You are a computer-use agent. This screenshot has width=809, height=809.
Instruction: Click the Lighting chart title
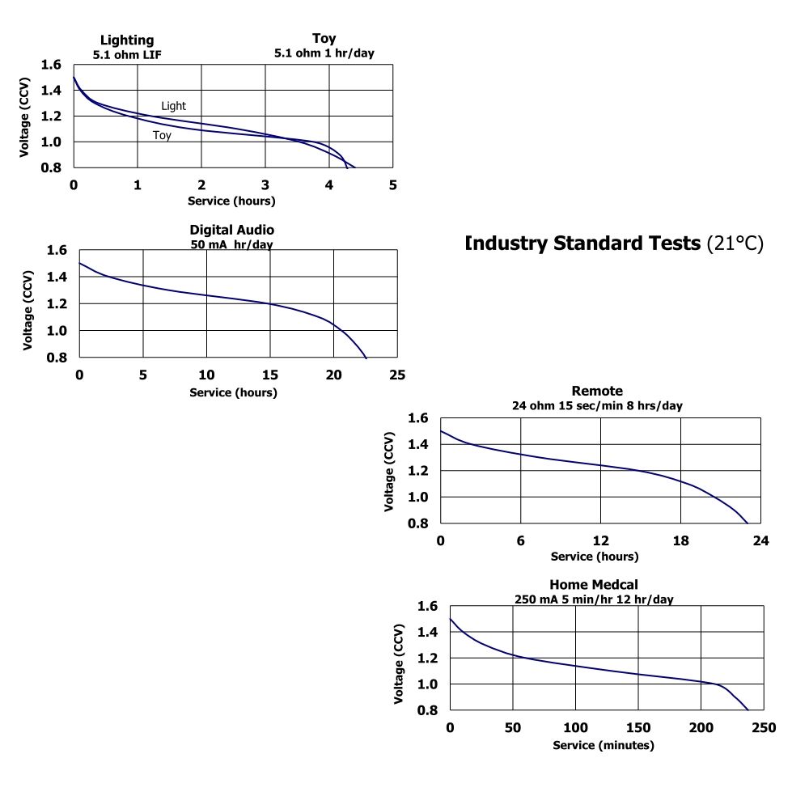pyautogui.click(x=126, y=40)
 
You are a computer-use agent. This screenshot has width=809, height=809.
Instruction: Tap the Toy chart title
pyautogui.click(x=324, y=38)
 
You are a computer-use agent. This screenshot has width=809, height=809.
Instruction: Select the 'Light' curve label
pyautogui.click(x=173, y=106)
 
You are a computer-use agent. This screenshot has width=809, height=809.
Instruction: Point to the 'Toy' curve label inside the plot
pyautogui.click(x=162, y=136)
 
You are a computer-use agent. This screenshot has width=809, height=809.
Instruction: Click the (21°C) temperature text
pyautogui.click(x=735, y=244)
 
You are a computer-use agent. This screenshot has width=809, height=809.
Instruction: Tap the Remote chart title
pyautogui.click(x=597, y=392)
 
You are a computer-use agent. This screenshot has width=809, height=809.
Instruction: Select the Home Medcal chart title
pyautogui.click(x=595, y=585)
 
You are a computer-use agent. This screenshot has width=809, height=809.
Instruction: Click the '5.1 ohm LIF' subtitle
pyautogui.click(x=126, y=54)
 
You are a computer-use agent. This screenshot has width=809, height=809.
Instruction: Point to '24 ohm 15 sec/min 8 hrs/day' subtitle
pyautogui.click(x=597, y=405)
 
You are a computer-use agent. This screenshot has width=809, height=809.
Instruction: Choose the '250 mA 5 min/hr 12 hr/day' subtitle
pyautogui.click(x=595, y=599)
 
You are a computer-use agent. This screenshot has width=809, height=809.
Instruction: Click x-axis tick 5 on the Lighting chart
pyautogui.click(x=393, y=184)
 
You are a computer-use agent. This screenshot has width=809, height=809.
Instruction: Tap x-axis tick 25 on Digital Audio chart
pyautogui.click(x=397, y=375)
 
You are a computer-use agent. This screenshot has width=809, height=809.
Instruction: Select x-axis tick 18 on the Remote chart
pyautogui.click(x=681, y=540)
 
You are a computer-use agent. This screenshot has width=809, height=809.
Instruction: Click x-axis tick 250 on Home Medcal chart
pyautogui.click(x=764, y=727)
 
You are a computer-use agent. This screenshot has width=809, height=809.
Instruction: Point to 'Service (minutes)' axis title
pyautogui.click(x=604, y=745)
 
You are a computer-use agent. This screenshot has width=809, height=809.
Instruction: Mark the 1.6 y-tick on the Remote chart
pyautogui.click(x=417, y=418)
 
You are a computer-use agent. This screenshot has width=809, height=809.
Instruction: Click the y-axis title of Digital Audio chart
pyautogui.click(x=29, y=303)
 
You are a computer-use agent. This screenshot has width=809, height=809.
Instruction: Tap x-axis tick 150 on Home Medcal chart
pyautogui.click(x=638, y=727)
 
